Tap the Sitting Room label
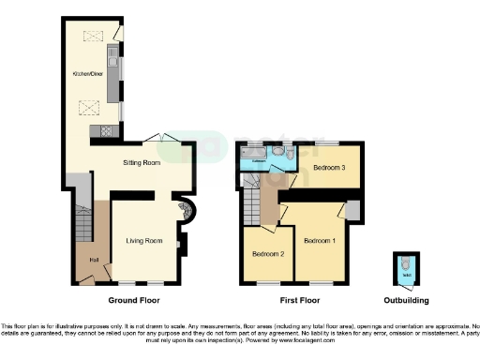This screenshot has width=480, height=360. point(143,162)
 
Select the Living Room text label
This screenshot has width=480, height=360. point(144,241)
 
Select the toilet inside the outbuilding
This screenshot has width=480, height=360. point(402,267)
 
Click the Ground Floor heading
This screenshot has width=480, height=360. point(134,301)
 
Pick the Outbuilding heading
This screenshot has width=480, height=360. point(403,301)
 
